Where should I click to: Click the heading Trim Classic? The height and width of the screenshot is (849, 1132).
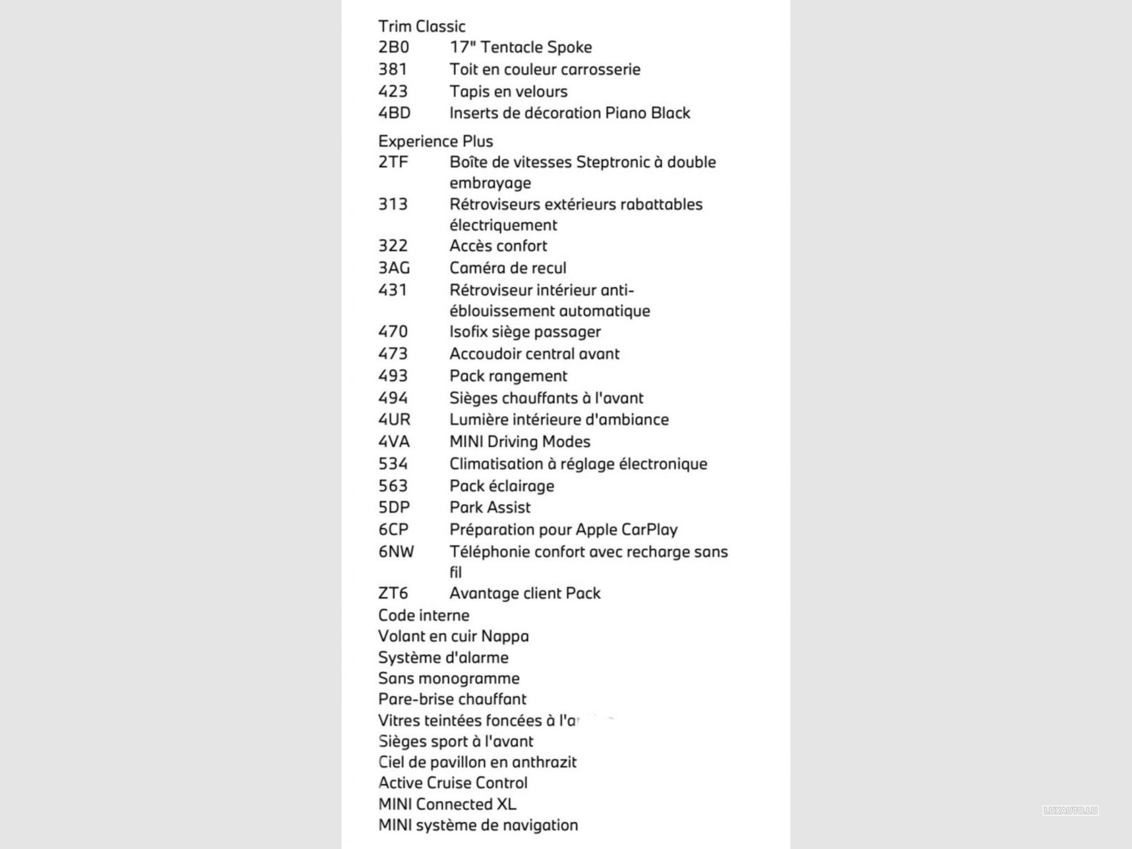[x=421, y=26]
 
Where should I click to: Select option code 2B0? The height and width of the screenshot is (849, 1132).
[x=393, y=47]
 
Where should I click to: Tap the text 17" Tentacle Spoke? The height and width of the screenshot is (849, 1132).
[x=520, y=47]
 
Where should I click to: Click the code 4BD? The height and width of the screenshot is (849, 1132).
[x=394, y=113]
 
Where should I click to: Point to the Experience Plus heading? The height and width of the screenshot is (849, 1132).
[x=435, y=141]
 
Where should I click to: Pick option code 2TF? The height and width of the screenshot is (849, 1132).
[x=392, y=162]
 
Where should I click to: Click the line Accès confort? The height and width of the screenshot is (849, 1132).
[x=497, y=245]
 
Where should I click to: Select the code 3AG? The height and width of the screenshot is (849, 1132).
[x=394, y=268]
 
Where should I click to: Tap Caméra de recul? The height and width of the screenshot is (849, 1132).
[x=507, y=268]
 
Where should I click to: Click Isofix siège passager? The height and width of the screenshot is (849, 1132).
[x=525, y=332]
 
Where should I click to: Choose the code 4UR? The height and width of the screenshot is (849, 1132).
[x=394, y=420]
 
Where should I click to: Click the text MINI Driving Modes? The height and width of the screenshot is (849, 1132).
[x=520, y=442]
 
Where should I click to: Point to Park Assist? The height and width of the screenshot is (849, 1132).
[x=490, y=507]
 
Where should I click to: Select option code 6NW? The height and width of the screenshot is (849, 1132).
[x=396, y=552]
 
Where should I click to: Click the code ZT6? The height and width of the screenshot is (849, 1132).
[x=393, y=593]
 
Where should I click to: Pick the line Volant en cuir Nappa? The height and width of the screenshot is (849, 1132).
[x=453, y=636]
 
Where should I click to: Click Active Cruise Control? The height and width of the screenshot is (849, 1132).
[x=453, y=783]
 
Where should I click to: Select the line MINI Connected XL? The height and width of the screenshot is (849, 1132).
[x=447, y=804]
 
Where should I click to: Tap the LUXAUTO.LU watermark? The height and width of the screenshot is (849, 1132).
[x=1070, y=810]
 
